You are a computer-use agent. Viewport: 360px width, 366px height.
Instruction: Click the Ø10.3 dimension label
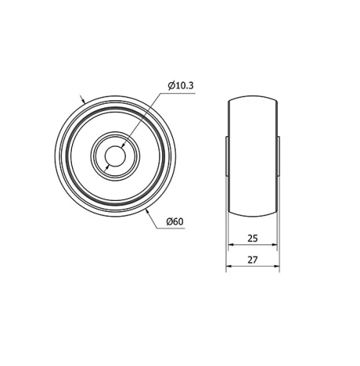tap(181, 86)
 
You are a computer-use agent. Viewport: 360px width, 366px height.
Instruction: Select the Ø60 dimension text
tap(175, 220)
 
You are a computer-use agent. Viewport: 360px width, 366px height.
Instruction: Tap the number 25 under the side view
tap(253, 237)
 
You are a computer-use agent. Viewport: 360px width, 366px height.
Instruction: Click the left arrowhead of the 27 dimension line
tap(230, 266)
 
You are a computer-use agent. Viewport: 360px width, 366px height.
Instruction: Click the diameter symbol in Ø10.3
tap(171, 86)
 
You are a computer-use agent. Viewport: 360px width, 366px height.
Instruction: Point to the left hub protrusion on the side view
tap(228, 154)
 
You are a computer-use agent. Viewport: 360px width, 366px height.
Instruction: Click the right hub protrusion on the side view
tap(278, 154)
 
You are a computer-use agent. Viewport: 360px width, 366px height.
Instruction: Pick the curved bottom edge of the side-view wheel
tap(253, 215)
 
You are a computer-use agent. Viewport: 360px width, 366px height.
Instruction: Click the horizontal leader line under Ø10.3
tap(181, 92)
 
